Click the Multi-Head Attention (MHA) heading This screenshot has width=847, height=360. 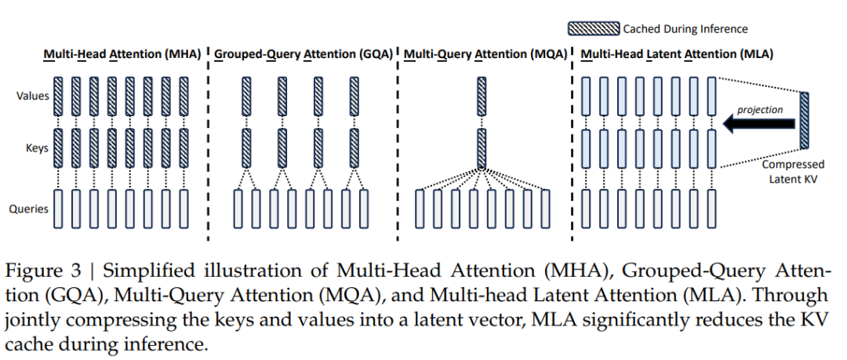point(122,54)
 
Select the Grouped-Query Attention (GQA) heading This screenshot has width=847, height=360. point(304,54)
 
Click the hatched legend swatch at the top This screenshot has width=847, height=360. point(594,29)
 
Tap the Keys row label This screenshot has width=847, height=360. point(36,147)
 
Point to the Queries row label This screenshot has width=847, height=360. point(30,209)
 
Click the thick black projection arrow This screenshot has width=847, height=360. point(758,122)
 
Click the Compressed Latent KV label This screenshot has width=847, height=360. point(794,171)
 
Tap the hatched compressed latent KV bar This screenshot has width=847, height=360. point(805,120)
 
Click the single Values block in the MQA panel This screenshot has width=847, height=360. point(482,96)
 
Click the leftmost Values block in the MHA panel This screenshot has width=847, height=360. point(59,96)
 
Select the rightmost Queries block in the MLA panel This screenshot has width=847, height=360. point(711,209)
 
